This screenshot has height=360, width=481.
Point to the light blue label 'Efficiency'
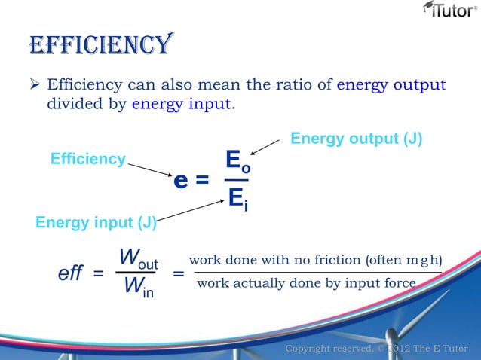point(87,159)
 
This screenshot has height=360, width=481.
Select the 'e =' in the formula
point(191,182)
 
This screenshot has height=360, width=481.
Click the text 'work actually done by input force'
point(305,283)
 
